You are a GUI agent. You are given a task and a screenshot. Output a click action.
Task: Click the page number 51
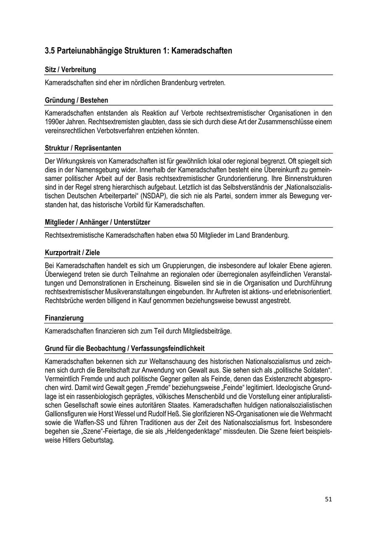point(328,499)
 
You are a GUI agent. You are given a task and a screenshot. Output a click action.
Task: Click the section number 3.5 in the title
point(50,51)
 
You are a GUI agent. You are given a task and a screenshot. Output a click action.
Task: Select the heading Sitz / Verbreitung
point(70,70)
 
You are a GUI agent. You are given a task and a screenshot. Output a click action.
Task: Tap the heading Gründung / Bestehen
point(76,101)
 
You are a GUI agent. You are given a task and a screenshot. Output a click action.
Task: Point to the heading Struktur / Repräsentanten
point(83,148)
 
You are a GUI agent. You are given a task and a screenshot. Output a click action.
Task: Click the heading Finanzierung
point(64,318)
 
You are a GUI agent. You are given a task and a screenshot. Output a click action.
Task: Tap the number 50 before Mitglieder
point(194,236)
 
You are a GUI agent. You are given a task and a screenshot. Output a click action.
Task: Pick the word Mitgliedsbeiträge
point(207,331)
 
